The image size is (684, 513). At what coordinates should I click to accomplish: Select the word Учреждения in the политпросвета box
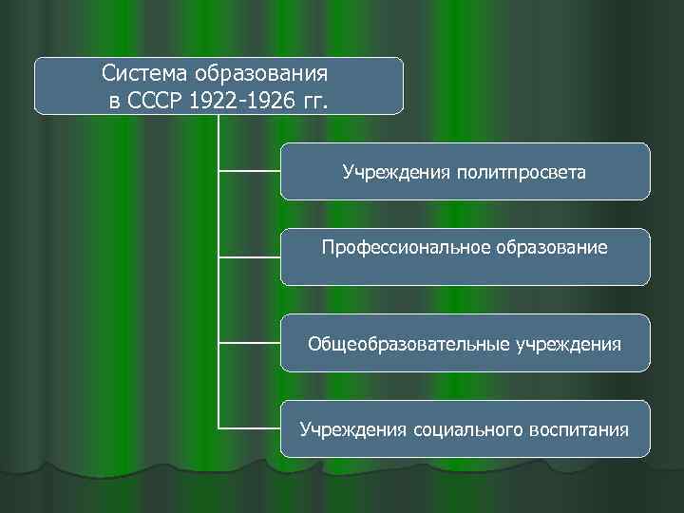pyautogui.click(x=395, y=173)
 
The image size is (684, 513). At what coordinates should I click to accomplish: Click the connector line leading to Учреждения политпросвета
pyautogui.click(x=249, y=171)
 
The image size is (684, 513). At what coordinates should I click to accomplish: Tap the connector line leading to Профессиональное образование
pyautogui.click(x=249, y=256)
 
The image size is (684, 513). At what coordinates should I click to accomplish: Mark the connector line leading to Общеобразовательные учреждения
pyautogui.click(x=249, y=342)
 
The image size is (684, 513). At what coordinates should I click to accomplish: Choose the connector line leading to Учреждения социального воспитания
pyautogui.click(x=249, y=427)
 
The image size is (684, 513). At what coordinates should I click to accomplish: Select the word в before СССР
pyautogui.click(x=115, y=102)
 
